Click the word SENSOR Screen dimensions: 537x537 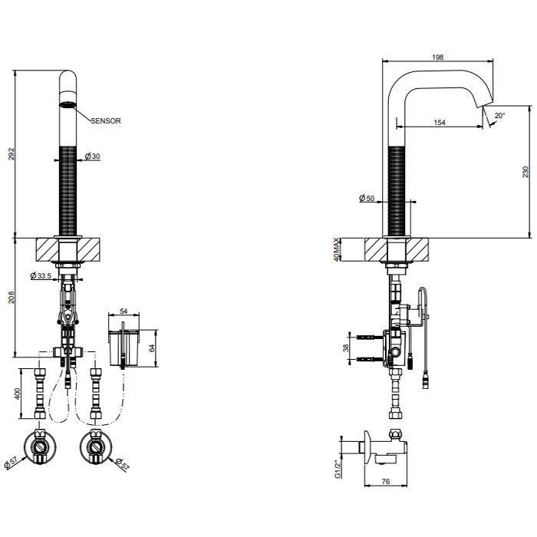(x=105, y=120)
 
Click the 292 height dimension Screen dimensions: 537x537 (x=10, y=154)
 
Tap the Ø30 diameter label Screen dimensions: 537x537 (x=91, y=156)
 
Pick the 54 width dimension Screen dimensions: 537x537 (x=124, y=313)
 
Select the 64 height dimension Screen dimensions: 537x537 (x=151, y=348)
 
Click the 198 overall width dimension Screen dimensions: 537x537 (x=437, y=57)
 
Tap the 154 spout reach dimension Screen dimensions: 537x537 (x=440, y=123)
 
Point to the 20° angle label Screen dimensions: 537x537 (x=499, y=115)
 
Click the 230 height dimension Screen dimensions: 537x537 (x=525, y=172)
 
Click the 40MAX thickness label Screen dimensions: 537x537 (x=338, y=250)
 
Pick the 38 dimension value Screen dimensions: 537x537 (x=345, y=348)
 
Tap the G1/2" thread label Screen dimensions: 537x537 (x=336, y=468)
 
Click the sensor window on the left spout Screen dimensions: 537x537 (x=68, y=104)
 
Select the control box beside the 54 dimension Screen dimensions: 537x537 (x=124, y=346)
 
